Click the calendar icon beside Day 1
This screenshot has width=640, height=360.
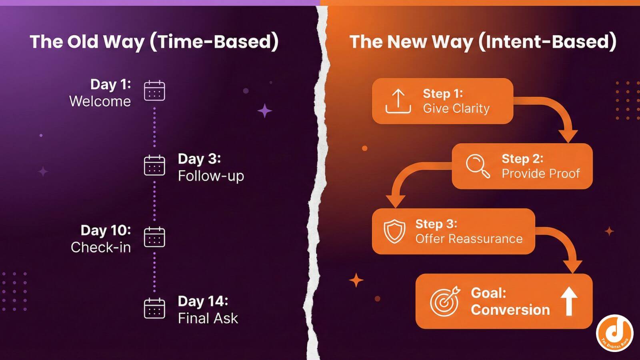click(154, 90)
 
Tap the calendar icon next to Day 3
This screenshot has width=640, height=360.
click(154, 165)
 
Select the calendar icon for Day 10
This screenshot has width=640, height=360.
click(154, 237)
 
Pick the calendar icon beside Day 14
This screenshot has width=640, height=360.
click(154, 308)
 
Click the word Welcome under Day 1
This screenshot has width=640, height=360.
click(100, 102)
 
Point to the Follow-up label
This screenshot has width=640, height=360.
click(211, 176)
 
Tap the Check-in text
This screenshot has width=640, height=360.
click(101, 248)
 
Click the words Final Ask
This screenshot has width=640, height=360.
click(208, 318)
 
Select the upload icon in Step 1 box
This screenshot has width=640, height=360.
click(398, 102)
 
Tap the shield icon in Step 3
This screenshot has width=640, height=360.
click(394, 231)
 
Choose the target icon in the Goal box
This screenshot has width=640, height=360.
click(444, 301)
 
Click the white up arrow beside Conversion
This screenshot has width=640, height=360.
click(569, 301)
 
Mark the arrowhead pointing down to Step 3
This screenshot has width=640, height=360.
click(395, 201)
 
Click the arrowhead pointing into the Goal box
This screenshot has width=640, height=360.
click(573, 266)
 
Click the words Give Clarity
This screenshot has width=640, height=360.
click(456, 108)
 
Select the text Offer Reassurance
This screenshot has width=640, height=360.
click(469, 239)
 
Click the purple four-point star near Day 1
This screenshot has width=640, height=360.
click(264, 111)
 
